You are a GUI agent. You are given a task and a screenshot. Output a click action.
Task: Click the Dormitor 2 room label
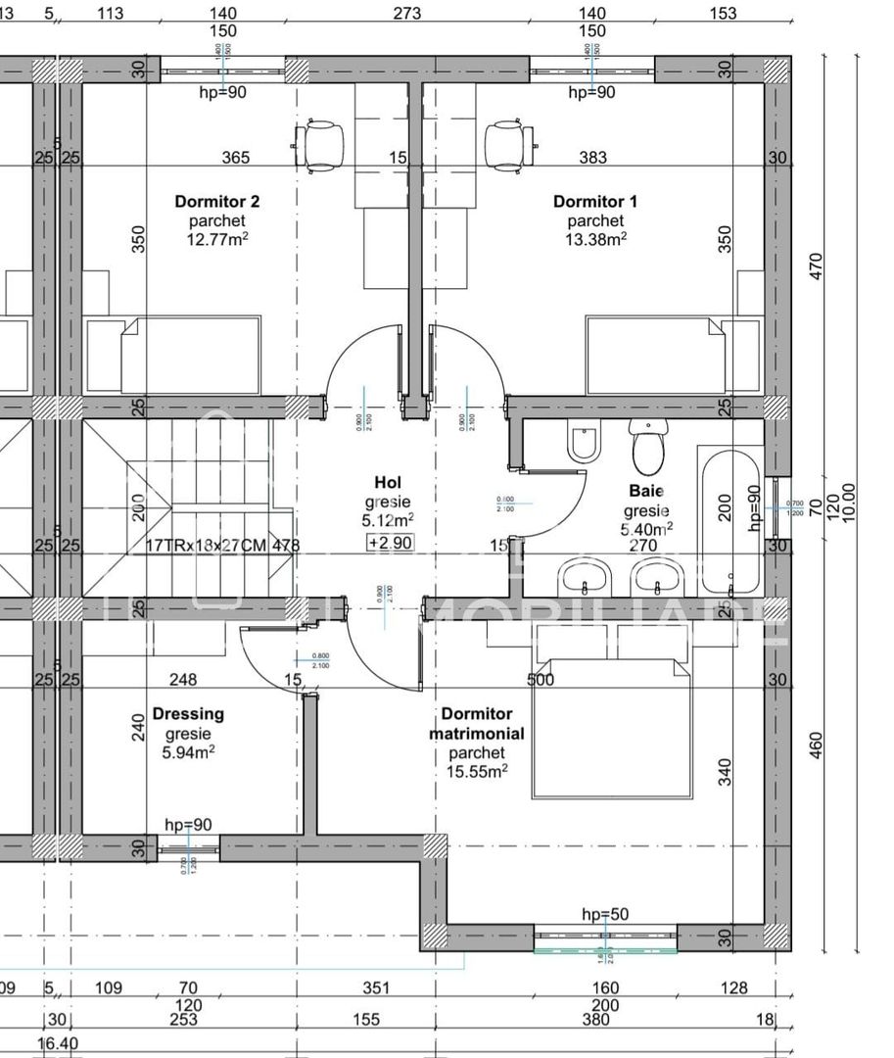pos(216,202)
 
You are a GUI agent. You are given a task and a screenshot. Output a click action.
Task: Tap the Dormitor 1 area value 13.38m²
pos(595,238)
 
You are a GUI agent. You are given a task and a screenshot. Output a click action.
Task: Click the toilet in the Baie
pos(647,448)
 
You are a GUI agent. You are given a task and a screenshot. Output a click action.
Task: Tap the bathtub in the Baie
pos(729,519)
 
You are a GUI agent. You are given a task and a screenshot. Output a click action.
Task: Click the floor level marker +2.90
pos(389,543)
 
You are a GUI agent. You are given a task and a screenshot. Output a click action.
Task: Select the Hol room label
pos(388,482)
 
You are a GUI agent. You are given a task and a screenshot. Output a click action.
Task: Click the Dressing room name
pos(188,714)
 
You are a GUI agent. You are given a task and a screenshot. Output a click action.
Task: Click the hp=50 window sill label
pos(605,914)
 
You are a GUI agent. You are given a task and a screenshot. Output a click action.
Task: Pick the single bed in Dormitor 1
pos(657,355)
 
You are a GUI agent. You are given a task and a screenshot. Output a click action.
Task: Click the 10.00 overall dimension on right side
pos(848,504)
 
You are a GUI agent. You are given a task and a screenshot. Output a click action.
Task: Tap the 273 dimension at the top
pos(406,13)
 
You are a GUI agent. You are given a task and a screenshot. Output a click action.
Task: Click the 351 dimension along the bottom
pos(376,988)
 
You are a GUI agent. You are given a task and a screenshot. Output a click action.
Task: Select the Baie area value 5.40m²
pos(646,529)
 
